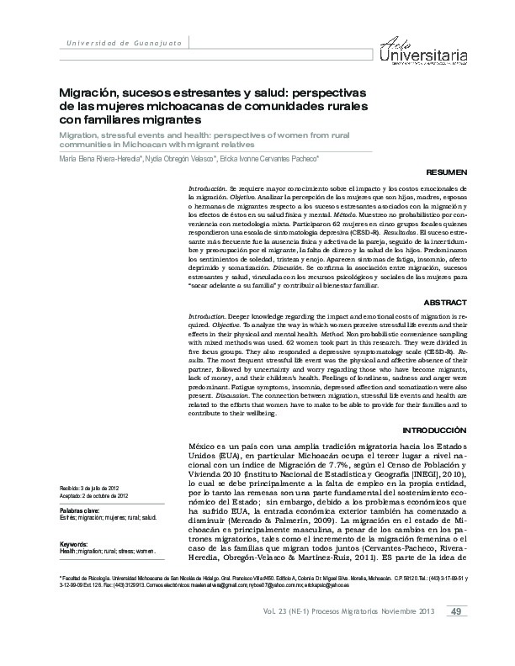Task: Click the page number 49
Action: point(454,634)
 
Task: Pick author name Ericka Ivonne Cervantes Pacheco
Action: point(271,158)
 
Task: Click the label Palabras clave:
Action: point(81,510)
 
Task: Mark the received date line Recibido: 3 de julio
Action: point(93,488)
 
